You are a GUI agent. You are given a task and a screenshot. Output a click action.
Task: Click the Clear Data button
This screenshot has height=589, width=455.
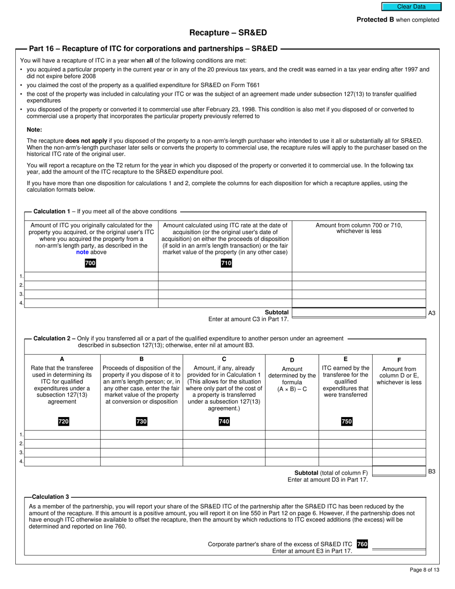pos(411,7)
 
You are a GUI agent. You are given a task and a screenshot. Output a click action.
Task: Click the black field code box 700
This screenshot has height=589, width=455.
pos(90,263)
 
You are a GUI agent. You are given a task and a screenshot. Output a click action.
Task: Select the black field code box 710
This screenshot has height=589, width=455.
pos(226,263)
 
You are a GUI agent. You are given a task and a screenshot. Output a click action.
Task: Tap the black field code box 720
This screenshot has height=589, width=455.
pos(63,421)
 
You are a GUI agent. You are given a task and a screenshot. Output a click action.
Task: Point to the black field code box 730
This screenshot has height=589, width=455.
pos(141,421)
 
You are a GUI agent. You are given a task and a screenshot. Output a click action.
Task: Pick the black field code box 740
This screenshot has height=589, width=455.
pos(224,421)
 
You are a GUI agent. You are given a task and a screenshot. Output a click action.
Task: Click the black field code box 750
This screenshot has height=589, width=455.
pos(346,421)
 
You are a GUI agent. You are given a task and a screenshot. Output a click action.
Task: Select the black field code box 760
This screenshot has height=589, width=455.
pos(362,544)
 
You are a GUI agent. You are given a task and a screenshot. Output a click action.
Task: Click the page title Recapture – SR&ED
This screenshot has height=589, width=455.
pos(228,33)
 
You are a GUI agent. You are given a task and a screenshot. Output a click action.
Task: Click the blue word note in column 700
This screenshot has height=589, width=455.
pos(82,252)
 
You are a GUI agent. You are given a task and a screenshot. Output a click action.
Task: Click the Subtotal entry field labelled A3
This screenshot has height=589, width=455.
pos(358,313)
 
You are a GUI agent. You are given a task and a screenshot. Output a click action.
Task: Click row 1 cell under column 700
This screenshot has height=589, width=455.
pos(91,276)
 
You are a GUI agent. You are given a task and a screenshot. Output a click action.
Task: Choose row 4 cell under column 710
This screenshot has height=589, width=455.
pos(225,303)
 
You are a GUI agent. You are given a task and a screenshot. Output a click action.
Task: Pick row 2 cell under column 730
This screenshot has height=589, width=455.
pos(141,443)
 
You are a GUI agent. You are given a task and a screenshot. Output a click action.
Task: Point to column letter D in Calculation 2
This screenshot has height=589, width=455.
pos(292,360)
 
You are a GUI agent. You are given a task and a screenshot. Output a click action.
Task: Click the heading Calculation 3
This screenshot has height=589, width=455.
pos(50,497)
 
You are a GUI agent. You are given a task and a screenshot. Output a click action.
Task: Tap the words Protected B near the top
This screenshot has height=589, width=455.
pos(372,20)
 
